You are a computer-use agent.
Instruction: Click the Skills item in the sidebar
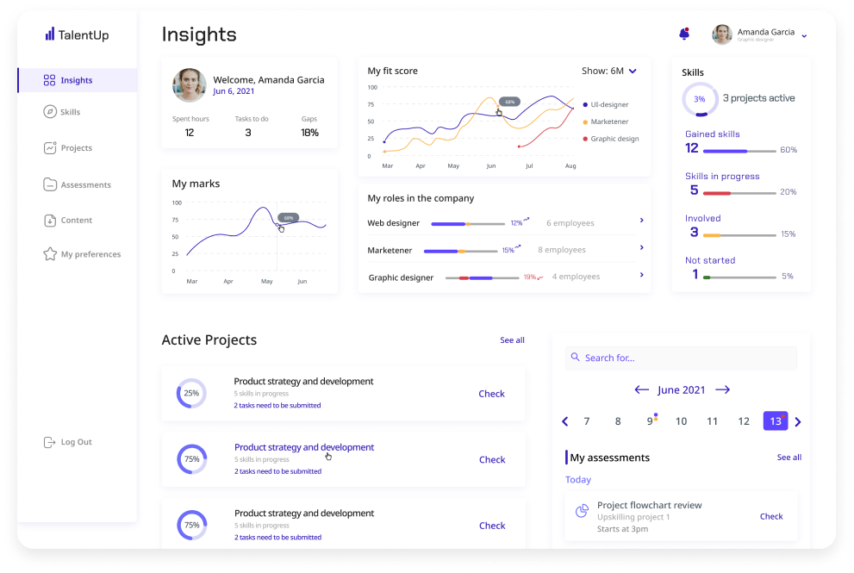click(70, 112)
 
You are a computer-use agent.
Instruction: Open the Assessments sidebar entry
click(85, 184)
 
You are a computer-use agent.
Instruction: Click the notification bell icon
click(684, 34)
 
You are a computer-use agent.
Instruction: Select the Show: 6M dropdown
click(609, 71)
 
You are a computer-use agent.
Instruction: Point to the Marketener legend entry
click(609, 121)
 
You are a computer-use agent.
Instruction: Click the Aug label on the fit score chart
click(570, 165)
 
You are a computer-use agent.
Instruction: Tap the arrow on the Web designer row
click(642, 221)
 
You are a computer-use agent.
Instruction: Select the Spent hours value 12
click(190, 133)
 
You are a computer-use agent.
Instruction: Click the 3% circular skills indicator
click(700, 99)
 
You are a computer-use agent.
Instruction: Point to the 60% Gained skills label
click(789, 150)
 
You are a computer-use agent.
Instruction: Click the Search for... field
click(681, 358)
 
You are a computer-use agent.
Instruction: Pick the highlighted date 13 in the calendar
click(776, 421)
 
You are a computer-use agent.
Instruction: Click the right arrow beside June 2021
click(723, 389)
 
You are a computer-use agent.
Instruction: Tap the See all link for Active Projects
click(512, 340)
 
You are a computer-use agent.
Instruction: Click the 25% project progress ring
click(191, 393)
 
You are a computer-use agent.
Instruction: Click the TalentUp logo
click(77, 35)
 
